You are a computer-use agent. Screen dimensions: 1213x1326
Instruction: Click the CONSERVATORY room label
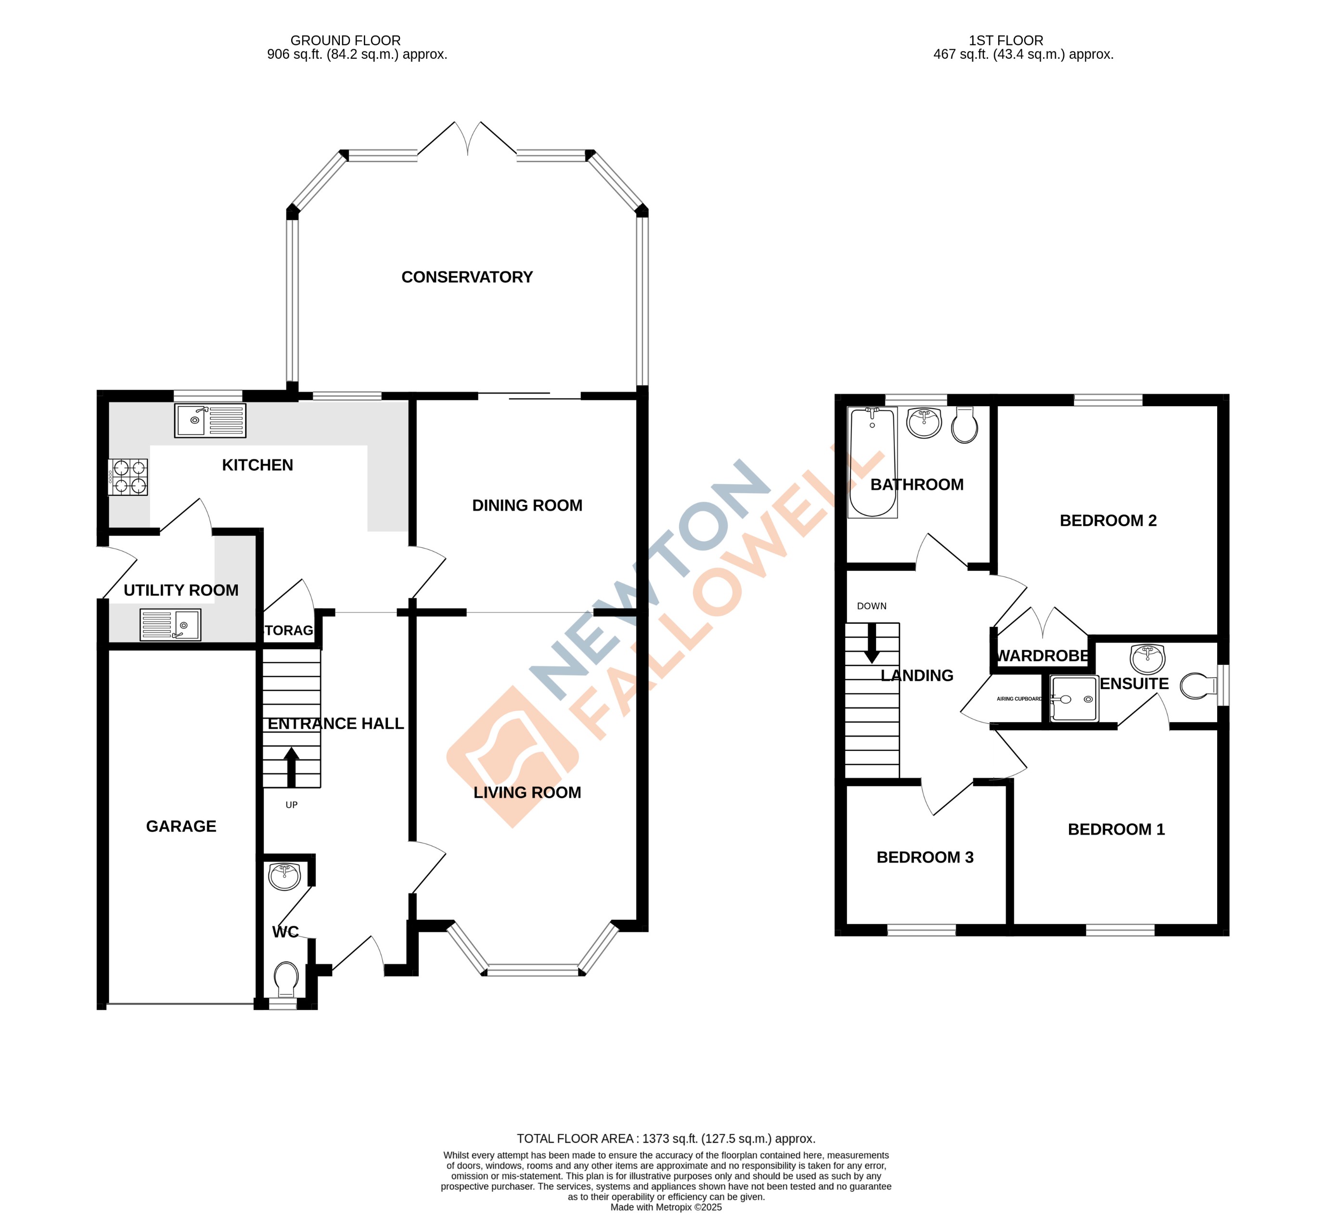467,277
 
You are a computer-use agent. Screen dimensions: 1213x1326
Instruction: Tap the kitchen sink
210,420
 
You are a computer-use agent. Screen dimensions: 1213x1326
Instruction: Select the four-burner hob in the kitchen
128,477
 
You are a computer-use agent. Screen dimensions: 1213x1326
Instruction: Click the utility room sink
170,624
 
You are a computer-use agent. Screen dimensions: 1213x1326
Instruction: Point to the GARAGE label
181,826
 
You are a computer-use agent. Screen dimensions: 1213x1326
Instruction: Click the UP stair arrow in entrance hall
291,766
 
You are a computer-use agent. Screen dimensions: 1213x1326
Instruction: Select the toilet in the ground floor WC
285,980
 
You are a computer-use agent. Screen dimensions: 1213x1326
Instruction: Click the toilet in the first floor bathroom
964,425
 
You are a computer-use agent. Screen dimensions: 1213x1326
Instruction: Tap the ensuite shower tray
1073,698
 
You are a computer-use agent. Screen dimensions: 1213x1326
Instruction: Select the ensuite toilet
1198,686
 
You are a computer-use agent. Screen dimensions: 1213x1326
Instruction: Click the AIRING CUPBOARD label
1019,698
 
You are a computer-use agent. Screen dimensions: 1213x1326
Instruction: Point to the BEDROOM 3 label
925,857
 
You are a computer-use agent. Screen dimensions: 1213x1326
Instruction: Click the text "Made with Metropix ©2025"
666,1207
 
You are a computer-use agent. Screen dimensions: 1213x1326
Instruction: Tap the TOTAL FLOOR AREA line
666,1139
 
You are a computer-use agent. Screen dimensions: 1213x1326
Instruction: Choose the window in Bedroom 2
1108,400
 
